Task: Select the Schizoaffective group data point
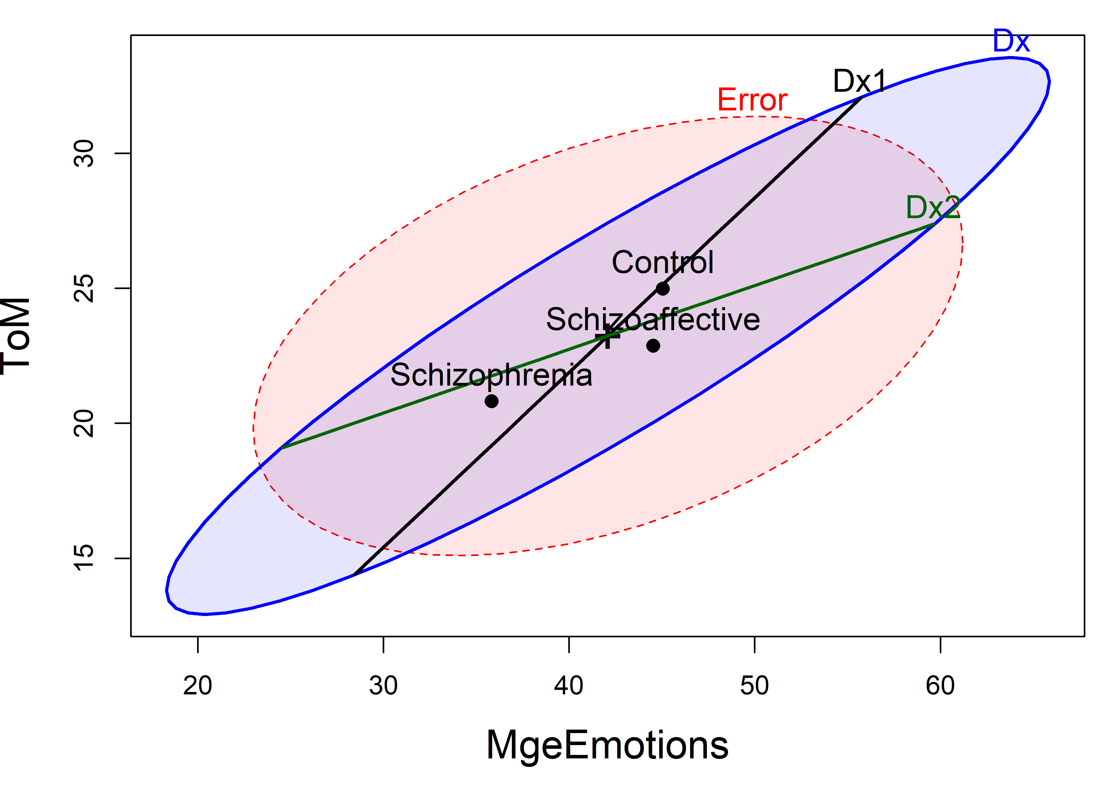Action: [x=653, y=346]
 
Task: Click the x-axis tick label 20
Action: [x=198, y=685]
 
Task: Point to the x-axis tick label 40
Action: [x=569, y=685]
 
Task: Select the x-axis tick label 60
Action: [x=940, y=685]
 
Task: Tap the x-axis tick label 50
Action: [x=755, y=685]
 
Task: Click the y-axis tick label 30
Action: [x=84, y=153]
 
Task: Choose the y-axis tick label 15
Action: [x=84, y=558]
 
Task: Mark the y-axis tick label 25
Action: [x=84, y=288]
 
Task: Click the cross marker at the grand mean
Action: [x=607, y=337]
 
